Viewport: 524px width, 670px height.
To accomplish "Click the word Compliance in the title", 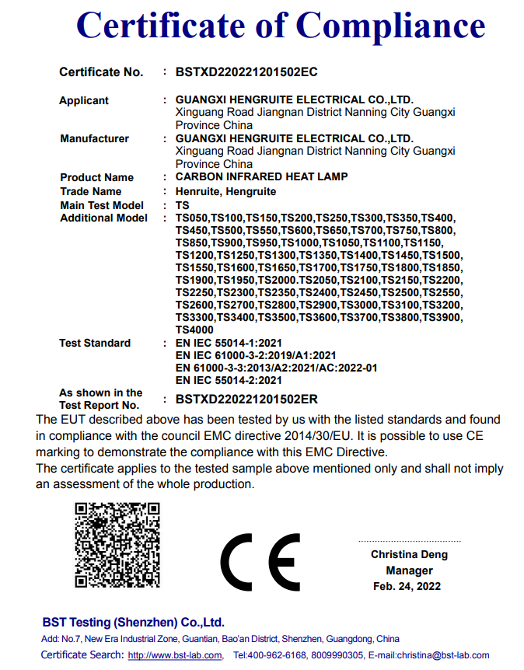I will pyautogui.click(x=391, y=26).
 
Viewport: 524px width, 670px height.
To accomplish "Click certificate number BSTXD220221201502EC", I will pyautogui.click(x=246, y=72).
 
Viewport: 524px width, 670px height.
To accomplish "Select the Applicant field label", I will pyautogui.click(x=84, y=100).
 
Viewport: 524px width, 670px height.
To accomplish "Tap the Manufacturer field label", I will pyautogui.click(x=94, y=139).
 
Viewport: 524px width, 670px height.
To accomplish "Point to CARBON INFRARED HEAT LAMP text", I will pyautogui.click(x=261, y=177).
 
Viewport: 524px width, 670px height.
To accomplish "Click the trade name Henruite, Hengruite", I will pyautogui.click(x=225, y=191).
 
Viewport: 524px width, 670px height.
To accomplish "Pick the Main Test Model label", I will pyautogui.click(x=102, y=205).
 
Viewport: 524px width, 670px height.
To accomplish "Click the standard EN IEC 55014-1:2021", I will pyautogui.click(x=229, y=343).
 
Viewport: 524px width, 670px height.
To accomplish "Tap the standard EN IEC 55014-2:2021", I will pyautogui.click(x=229, y=380).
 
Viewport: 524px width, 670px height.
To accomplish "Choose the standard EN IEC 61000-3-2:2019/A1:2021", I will pyautogui.click(x=256, y=355).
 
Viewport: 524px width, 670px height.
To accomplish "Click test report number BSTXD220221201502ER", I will pyautogui.click(x=246, y=399).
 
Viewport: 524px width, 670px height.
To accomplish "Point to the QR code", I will pyautogui.click(x=117, y=544).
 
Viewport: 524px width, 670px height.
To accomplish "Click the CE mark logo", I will pyautogui.click(x=260, y=562).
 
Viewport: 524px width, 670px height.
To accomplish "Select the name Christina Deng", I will pyautogui.click(x=409, y=555).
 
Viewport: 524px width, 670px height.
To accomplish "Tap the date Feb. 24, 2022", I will pyautogui.click(x=407, y=586).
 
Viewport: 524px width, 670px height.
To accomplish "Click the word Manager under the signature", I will pyautogui.click(x=409, y=571).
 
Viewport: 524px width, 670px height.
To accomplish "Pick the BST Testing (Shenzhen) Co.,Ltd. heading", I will pyautogui.click(x=133, y=622).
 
